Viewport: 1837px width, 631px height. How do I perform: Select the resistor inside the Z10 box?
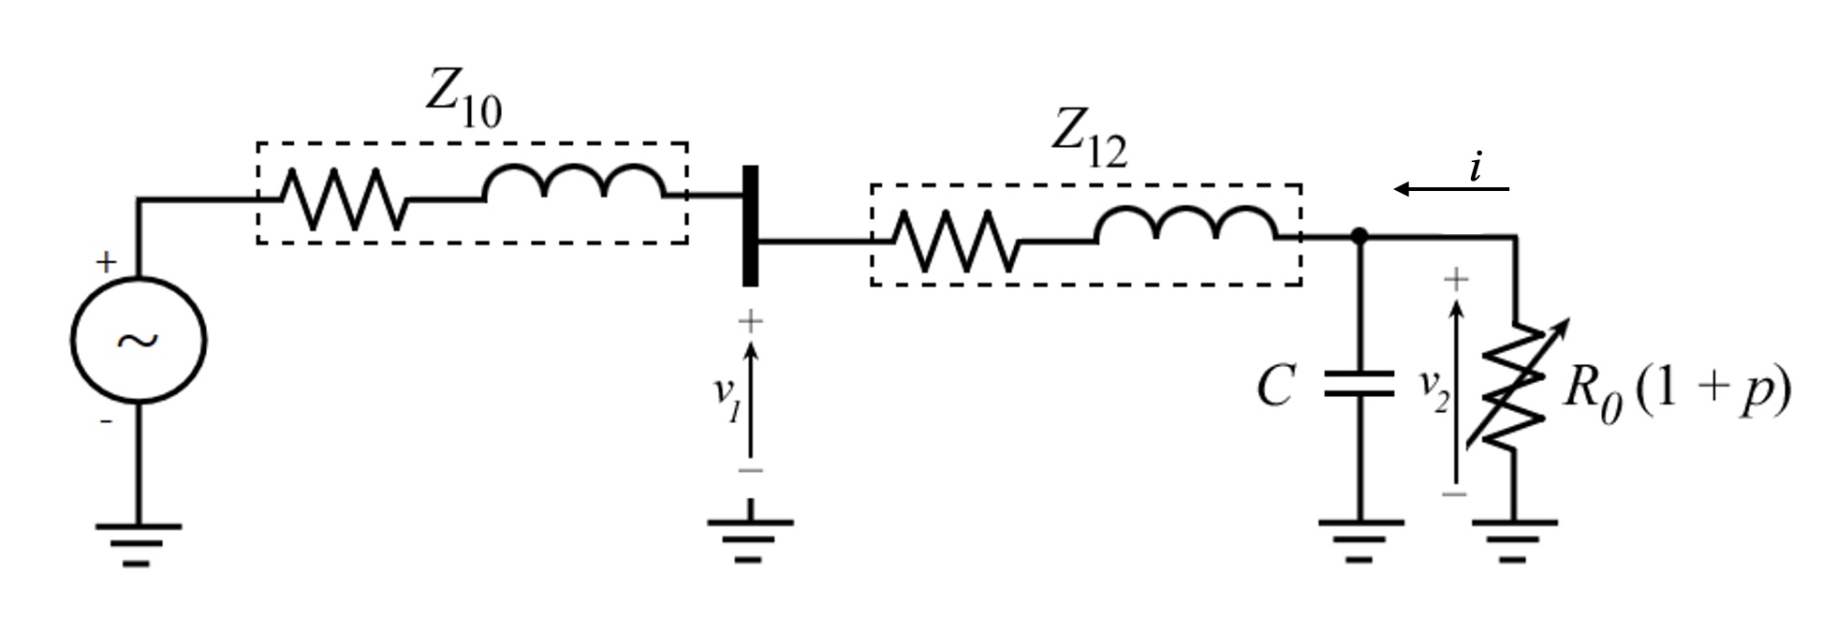coord(343,198)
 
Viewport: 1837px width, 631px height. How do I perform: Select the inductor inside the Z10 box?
coord(574,183)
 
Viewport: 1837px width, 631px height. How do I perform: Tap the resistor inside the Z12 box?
coord(955,241)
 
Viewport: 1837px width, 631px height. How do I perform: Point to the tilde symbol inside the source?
coord(139,341)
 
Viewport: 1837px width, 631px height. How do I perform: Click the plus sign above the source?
coord(106,261)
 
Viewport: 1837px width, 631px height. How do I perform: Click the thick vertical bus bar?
coord(750,225)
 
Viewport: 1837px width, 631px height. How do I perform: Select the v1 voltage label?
coord(727,397)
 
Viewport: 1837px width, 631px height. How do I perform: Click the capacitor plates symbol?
coord(1359,385)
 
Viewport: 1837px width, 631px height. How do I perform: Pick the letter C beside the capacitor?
coord(1276,385)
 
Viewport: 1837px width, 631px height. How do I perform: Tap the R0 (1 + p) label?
coord(1676,390)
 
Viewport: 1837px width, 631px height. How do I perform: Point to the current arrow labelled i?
coord(1450,188)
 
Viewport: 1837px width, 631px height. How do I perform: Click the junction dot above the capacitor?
coord(1359,236)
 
